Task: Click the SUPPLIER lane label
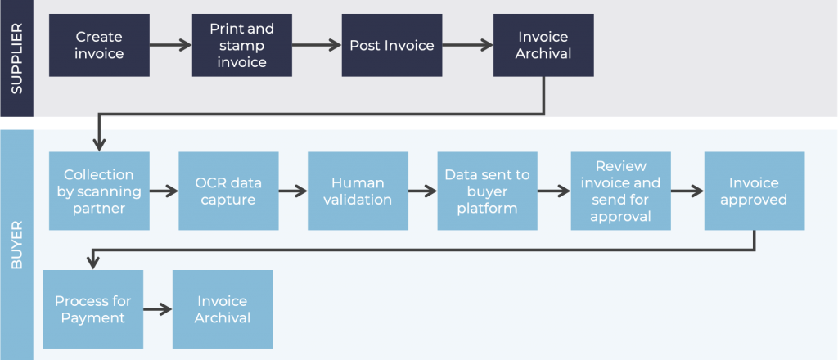18,59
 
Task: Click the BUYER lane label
18,244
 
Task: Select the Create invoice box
99,45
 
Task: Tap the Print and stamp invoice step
241,45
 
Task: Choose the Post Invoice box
392,45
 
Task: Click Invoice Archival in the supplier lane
543,45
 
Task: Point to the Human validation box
358,191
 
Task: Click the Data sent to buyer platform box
487,191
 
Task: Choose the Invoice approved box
753,191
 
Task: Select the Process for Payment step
92,309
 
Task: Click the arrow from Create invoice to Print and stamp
170,45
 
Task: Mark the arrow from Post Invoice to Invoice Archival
470,45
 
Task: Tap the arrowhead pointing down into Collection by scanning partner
99,146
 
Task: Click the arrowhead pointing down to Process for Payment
93,263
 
